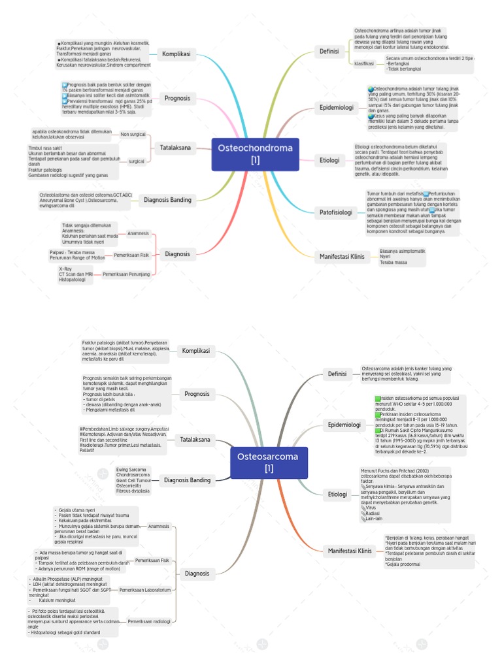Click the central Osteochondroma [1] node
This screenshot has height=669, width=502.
[255, 154]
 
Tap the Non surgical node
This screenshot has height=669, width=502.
[133, 134]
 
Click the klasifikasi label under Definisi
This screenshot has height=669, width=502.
[364, 63]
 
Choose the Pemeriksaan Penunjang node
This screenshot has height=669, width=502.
[126, 274]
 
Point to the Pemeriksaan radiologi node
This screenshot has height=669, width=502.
[149, 621]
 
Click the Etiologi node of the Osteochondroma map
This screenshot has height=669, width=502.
[329, 159]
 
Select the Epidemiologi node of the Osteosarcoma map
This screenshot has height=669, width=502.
[344, 425]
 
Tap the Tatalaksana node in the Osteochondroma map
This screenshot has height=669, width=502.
[176, 148]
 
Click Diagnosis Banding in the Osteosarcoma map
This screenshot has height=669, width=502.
[188, 480]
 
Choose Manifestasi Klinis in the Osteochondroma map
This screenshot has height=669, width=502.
[341, 257]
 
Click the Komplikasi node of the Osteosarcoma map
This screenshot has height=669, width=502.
[196, 351]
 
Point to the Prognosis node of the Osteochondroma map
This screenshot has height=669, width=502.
[177, 98]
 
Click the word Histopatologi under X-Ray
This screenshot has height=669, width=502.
[72, 280]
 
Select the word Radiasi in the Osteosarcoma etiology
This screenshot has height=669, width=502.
[374, 513]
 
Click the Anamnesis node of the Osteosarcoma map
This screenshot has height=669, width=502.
[159, 526]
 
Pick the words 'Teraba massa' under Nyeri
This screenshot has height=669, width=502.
[393, 263]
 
